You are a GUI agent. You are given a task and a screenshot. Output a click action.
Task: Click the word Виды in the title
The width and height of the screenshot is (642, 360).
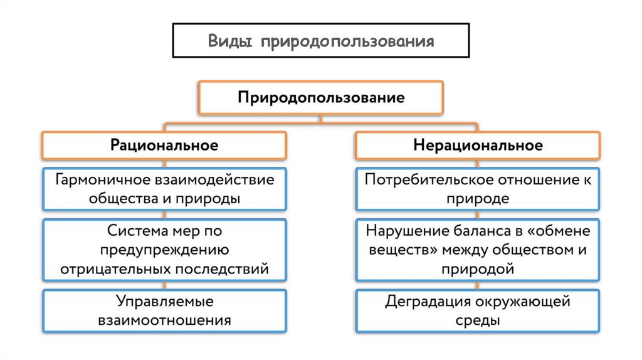[231, 41]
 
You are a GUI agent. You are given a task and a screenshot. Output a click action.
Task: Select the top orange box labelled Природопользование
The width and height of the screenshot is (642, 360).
[320, 98]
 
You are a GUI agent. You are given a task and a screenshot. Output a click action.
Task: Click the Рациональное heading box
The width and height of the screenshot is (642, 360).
[164, 146]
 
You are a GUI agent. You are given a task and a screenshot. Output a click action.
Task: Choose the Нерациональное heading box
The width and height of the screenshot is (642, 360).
[477, 146]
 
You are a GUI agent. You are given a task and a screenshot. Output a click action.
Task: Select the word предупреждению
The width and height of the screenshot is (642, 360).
[164, 250]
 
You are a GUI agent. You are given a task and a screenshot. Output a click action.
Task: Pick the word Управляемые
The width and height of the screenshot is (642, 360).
[164, 301]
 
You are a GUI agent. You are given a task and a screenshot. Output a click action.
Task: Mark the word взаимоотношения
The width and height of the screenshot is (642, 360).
[164, 320]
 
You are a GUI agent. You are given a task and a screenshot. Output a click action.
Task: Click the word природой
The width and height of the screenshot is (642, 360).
[477, 270]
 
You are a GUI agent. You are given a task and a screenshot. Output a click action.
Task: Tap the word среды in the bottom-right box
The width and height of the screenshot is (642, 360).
[477, 321]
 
